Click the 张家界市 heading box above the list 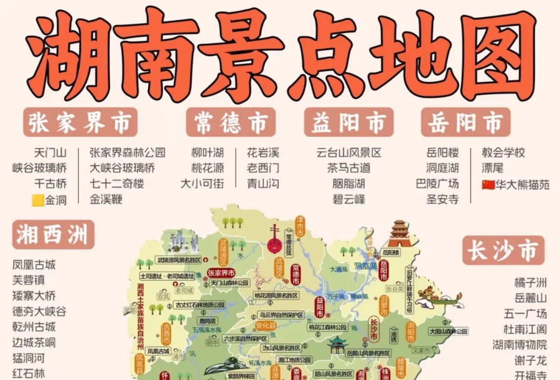[x=80, y=122]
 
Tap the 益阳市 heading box [x=349, y=122]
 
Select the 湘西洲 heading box [x=53, y=235]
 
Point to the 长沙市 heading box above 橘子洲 [x=503, y=250]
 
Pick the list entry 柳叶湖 [x=207, y=153]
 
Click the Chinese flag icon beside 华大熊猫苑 [x=488, y=185]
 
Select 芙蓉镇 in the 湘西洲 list [x=28, y=280]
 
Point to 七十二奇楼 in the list [x=117, y=184]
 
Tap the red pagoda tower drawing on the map [x=399, y=234]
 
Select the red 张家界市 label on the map [x=221, y=273]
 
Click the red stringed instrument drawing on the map [x=274, y=240]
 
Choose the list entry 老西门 [x=263, y=168]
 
